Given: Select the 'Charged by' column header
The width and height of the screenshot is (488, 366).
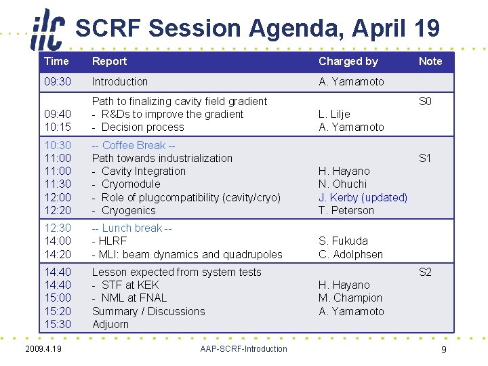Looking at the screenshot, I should click(348, 61).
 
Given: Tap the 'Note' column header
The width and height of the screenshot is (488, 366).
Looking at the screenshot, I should click(430, 61).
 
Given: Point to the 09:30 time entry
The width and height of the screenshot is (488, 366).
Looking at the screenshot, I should click(57, 81).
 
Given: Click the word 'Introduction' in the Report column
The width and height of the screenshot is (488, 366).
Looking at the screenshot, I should click(119, 81).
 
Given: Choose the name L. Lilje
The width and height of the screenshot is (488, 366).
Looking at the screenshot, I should click(334, 114).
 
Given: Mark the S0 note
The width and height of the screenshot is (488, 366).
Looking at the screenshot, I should click(425, 101).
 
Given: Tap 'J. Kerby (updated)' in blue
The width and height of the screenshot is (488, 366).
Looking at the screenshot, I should click(363, 197).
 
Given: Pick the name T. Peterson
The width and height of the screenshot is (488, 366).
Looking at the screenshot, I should click(346, 210).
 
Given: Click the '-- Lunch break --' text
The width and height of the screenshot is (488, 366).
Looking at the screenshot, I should click(131, 228).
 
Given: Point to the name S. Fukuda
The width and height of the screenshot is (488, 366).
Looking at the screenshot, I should click(343, 241).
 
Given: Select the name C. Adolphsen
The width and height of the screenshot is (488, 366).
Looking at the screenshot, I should click(350, 254).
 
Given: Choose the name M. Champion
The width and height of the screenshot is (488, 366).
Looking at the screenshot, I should click(350, 298).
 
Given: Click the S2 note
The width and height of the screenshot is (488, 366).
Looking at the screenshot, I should click(425, 272).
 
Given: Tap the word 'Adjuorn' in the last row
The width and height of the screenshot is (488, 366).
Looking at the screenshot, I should click(110, 324).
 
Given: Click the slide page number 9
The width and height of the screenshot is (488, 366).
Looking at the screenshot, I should click(443, 350).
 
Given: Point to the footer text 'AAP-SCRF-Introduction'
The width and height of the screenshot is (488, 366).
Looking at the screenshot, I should click(243, 349).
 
